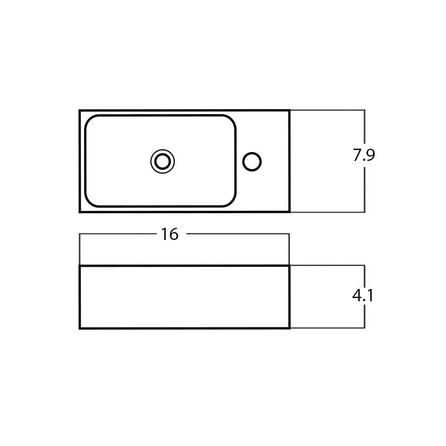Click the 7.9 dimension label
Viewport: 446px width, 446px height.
coord(364,155)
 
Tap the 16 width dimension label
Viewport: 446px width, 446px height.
coord(170,234)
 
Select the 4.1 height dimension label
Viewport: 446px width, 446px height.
coord(362,296)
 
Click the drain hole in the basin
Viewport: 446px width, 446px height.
coord(163,161)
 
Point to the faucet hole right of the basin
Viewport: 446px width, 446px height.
coord(252,161)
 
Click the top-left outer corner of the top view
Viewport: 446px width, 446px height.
coord(80,111)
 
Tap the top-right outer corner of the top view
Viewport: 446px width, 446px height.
coord(289,111)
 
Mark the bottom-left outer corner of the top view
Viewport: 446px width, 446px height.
coord(80,212)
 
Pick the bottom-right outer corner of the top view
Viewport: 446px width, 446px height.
coord(289,212)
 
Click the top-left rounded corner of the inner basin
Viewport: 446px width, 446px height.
coord(89,119)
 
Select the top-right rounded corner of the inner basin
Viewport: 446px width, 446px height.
coord(232,119)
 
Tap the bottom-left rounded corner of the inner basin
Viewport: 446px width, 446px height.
coord(89,202)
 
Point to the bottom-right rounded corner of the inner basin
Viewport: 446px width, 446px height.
coord(232,202)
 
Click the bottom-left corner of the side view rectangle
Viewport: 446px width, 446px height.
coord(80,328)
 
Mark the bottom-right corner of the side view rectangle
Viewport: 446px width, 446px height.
coord(289,328)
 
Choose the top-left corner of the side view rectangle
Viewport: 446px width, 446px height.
coord(80,266)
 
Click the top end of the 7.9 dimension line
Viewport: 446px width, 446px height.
coord(365,110)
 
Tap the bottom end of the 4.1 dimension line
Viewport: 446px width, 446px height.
coord(365,328)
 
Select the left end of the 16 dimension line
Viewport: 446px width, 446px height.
coord(80,234)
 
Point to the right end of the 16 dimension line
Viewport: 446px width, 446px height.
coord(289,234)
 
